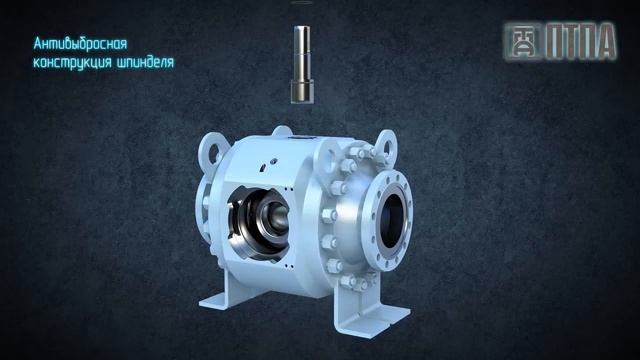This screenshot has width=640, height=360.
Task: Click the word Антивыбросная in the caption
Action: [x=80, y=44]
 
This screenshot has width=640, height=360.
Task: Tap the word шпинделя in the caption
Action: [x=145, y=62]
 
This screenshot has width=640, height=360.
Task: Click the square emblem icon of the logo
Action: [x=522, y=42]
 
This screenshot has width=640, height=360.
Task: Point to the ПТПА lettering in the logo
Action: [x=581, y=41]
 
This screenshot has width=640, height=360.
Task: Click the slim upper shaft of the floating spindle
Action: [x=302, y=53]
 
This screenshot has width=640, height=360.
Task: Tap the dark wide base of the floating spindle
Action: [x=302, y=91]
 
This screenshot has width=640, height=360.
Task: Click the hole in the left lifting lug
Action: [x=214, y=153]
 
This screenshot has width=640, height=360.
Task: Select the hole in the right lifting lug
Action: [x=388, y=148]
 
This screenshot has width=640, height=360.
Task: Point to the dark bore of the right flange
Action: [x=392, y=221]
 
